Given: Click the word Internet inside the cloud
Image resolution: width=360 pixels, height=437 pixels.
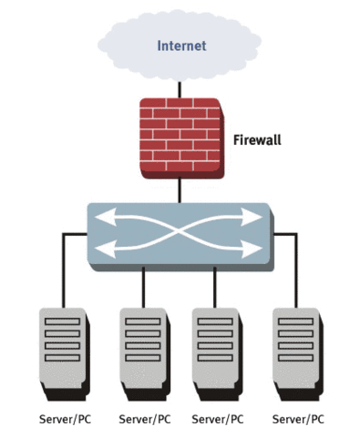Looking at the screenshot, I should (x=181, y=45).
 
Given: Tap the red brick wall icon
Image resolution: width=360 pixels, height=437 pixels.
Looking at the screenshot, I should (x=180, y=139).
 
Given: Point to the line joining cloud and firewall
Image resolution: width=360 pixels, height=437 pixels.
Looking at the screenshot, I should (x=180, y=87).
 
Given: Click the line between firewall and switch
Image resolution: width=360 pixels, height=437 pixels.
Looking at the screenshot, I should (x=180, y=191).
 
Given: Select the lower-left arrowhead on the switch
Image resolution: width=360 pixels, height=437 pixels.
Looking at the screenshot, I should (x=103, y=247).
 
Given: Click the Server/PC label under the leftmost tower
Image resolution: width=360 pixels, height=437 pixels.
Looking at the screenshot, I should (x=64, y=420).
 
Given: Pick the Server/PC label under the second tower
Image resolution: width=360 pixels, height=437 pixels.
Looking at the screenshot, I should (x=144, y=420).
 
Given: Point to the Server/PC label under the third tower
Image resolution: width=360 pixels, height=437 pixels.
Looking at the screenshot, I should (x=217, y=420).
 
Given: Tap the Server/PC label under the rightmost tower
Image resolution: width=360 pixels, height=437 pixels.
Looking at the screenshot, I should (x=298, y=420).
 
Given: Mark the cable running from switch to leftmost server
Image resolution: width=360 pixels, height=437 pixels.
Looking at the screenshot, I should (x=63, y=273).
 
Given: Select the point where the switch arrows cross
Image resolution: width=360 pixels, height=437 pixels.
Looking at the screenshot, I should (x=180, y=233).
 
